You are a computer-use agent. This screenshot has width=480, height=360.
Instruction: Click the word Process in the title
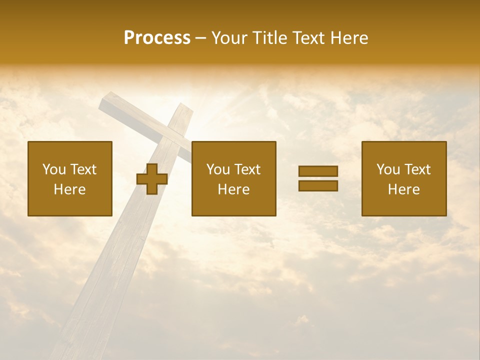(157, 38)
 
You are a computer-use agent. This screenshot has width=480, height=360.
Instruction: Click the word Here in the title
(349, 38)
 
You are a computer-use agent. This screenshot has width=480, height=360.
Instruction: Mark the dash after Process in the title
(200, 39)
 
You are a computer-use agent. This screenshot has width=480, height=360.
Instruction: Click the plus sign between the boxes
(152, 179)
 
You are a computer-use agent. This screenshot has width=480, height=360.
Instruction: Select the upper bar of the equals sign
(318, 171)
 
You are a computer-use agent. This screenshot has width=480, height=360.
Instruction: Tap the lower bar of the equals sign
(318, 185)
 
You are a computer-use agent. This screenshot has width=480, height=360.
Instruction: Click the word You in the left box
(53, 169)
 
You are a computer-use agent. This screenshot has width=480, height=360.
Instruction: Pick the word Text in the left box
(83, 169)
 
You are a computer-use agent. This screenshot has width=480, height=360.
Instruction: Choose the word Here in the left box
(69, 189)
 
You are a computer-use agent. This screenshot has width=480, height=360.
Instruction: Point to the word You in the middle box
(217, 169)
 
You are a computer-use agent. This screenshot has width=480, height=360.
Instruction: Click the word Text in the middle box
(247, 169)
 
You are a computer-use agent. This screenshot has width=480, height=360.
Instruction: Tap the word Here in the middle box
(233, 189)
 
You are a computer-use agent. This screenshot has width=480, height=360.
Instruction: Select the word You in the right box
(387, 169)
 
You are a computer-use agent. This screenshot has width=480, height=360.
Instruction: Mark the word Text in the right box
(417, 169)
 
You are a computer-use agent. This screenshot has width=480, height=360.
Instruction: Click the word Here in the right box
(403, 189)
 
